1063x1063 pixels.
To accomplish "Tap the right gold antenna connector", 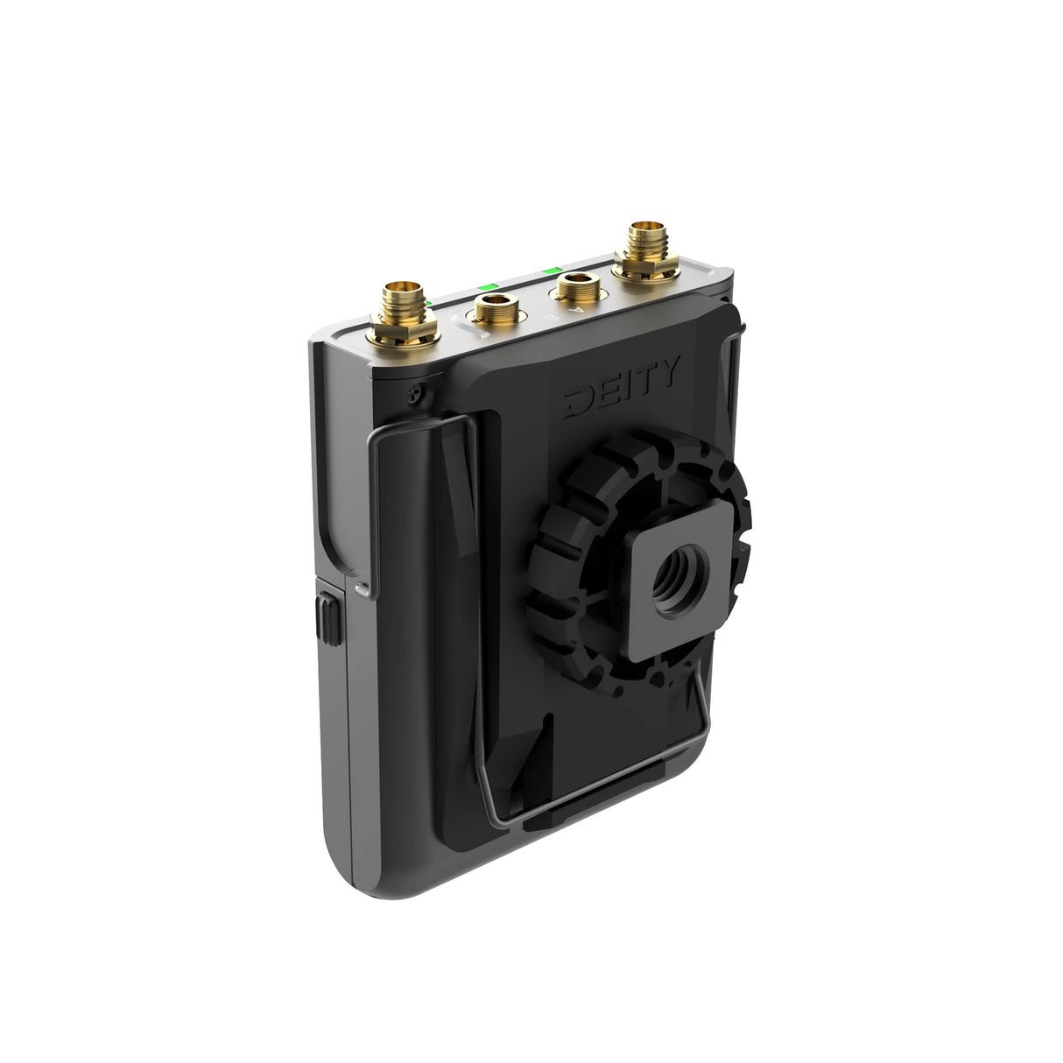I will coord(646,241).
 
